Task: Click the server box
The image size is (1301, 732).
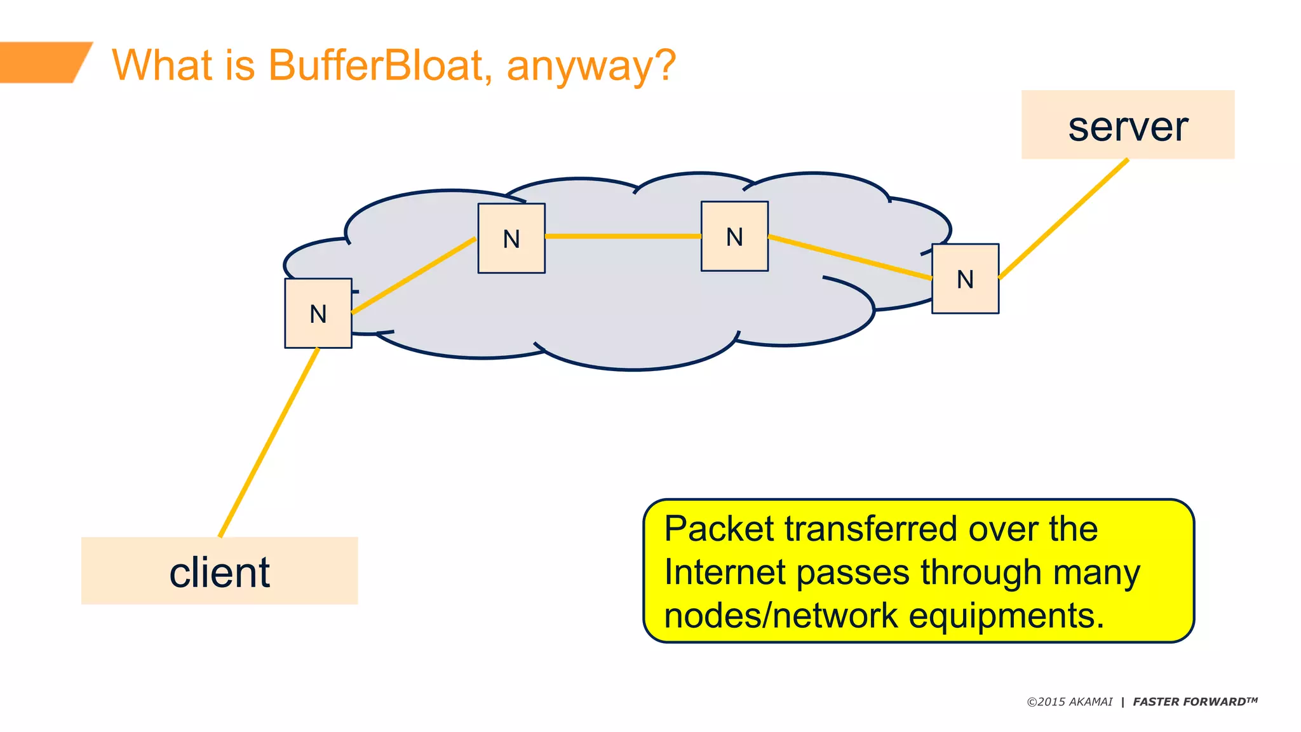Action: (x=1127, y=125)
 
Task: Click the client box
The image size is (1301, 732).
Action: (x=219, y=571)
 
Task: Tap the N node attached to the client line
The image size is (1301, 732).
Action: (x=318, y=313)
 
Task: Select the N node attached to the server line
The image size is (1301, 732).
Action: (x=965, y=279)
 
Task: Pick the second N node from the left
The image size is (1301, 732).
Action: (x=511, y=238)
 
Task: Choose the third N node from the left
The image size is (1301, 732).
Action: (x=734, y=236)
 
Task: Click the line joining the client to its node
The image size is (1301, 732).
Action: (x=268, y=443)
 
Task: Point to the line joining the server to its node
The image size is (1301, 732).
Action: (x=1063, y=219)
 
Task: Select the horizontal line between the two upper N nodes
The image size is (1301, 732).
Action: (x=623, y=236)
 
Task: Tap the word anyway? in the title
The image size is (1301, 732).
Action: (x=591, y=66)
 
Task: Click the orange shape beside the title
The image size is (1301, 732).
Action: (x=41, y=62)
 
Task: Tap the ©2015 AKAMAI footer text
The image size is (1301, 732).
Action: (x=1070, y=702)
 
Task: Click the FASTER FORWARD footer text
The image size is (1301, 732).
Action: (x=1194, y=702)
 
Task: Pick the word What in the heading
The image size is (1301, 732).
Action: (x=163, y=65)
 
